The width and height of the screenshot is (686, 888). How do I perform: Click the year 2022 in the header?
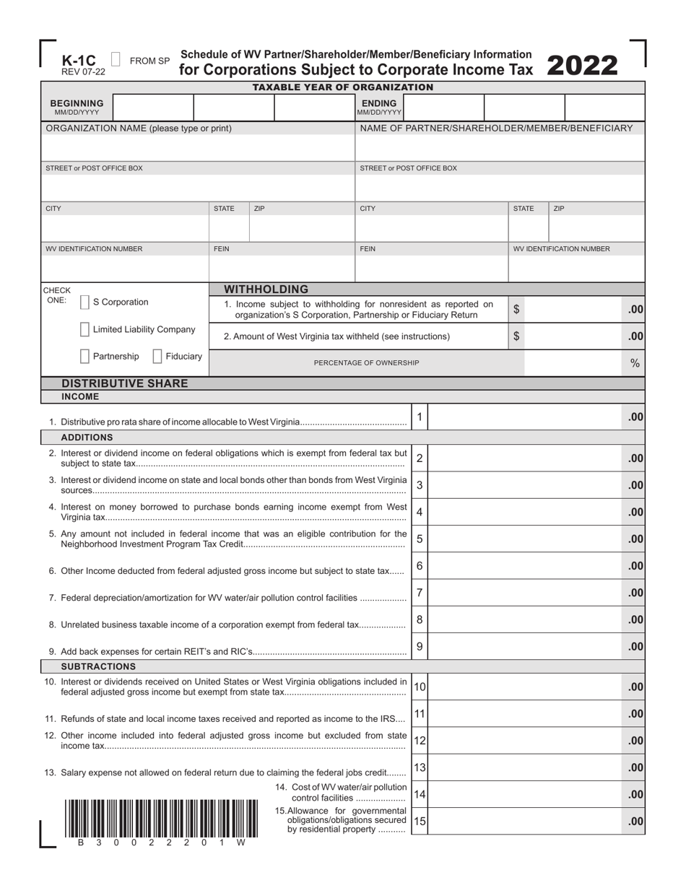[x=583, y=66]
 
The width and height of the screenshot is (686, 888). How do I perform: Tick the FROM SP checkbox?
[x=116, y=61]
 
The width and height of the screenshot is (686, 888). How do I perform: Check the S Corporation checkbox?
[x=85, y=302]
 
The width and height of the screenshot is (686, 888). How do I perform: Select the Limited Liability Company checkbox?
[x=85, y=330]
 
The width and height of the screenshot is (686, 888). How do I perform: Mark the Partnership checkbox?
[x=85, y=357]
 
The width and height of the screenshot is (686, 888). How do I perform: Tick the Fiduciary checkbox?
[x=157, y=357]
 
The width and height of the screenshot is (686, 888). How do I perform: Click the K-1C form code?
[x=78, y=61]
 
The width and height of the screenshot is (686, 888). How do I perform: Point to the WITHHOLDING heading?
[x=267, y=289]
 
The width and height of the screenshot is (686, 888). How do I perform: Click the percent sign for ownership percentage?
[x=635, y=363]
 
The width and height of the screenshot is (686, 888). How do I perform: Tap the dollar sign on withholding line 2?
[x=516, y=336]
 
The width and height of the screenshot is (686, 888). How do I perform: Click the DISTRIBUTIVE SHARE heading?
[x=125, y=383]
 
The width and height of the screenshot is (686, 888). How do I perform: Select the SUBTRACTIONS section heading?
[x=98, y=666]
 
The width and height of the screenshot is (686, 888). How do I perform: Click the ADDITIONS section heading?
[x=87, y=438]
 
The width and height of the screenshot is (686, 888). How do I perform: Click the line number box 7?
[x=420, y=593]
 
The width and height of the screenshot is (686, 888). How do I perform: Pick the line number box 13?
[x=420, y=767]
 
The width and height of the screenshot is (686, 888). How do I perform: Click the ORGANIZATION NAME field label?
[x=139, y=129]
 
